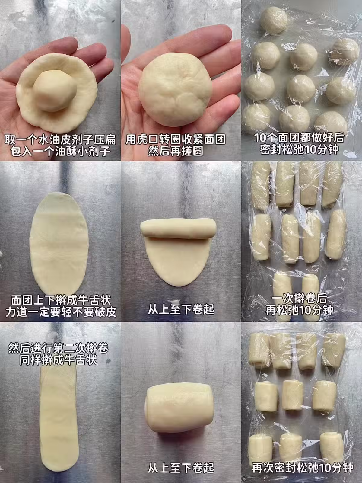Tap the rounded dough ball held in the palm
click(x=175, y=90)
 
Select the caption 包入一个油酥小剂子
click(x=60, y=152)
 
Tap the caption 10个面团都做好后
click(x=299, y=138)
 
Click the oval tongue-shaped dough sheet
click(x=59, y=242)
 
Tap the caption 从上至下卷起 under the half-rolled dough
click(x=181, y=310)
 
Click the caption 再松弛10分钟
click(x=299, y=310)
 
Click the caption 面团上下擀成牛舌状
click(x=61, y=300)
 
